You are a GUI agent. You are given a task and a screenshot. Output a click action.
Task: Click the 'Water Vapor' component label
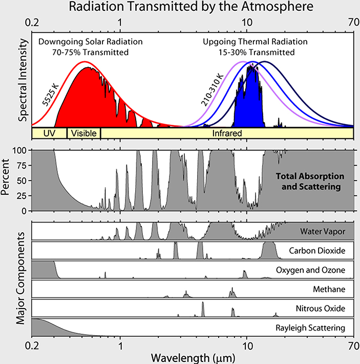pyautogui.click(x=323, y=232)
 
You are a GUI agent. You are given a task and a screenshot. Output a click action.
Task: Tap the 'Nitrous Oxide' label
pyautogui.click(x=321, y=308)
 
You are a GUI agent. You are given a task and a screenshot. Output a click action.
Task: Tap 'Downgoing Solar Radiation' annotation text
pyautogui.click(x=87, y=42)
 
